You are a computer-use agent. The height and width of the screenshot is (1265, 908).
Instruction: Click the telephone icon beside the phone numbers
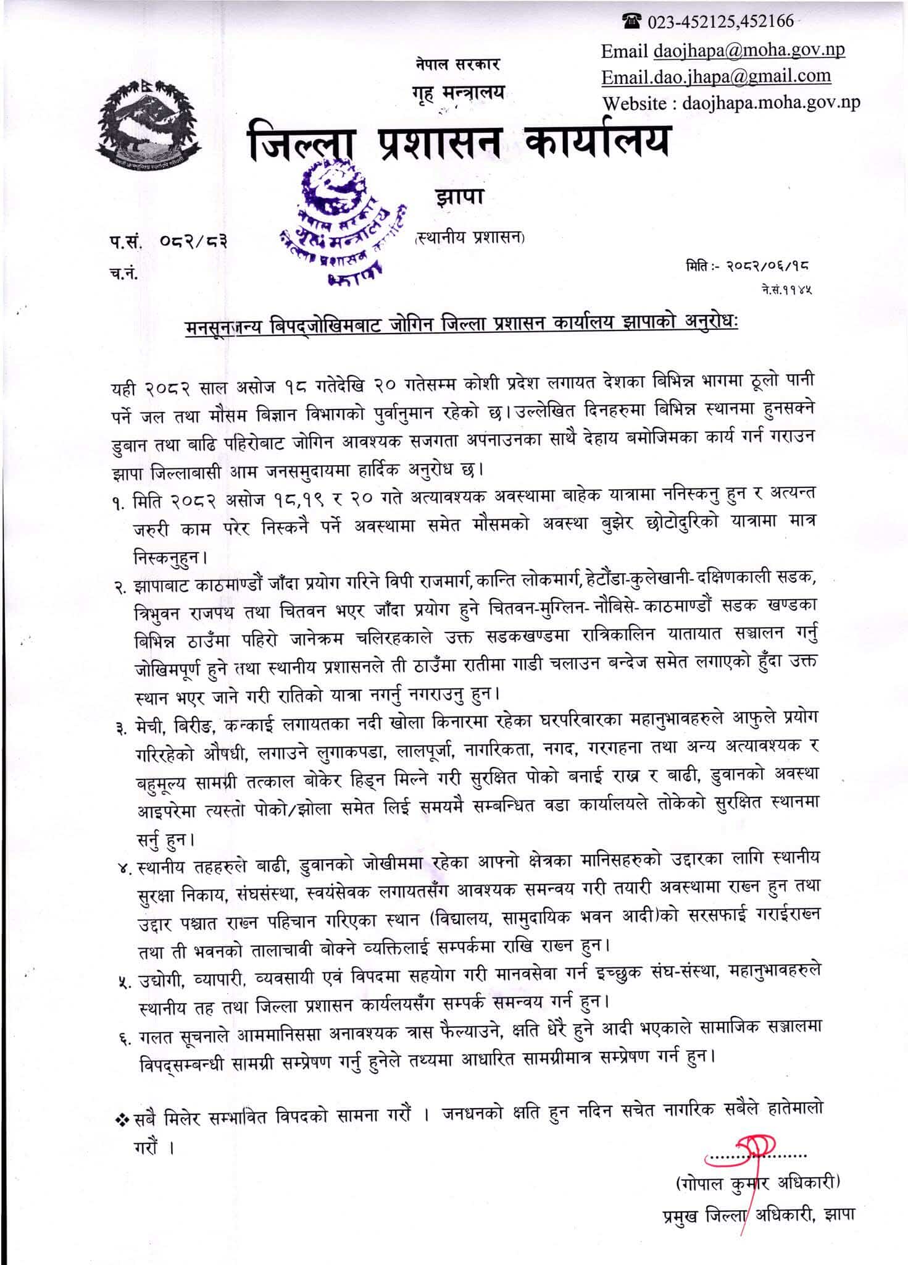[632, 22]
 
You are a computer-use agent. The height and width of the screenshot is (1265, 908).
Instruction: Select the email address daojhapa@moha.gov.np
[749, 50]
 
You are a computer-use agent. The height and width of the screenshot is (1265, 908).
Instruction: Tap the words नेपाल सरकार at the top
[457, 63]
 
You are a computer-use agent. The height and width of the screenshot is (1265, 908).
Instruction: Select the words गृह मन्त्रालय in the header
[458, 93]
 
